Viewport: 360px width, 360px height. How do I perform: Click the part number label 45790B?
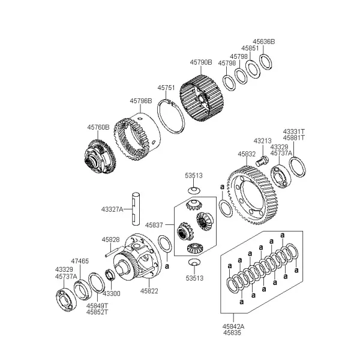click(201, 62)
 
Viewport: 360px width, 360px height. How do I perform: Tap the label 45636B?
click(263, 41)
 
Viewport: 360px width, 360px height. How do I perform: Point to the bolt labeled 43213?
click(262, 161)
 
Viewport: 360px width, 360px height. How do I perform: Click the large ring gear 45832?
click(252, 195)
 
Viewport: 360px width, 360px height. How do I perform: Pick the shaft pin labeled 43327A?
click(136, 209)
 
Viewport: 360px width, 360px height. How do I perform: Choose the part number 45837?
click(154, 225)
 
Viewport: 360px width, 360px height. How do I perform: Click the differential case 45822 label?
click(149, 291)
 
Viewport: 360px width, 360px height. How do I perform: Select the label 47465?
click(80, 261)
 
